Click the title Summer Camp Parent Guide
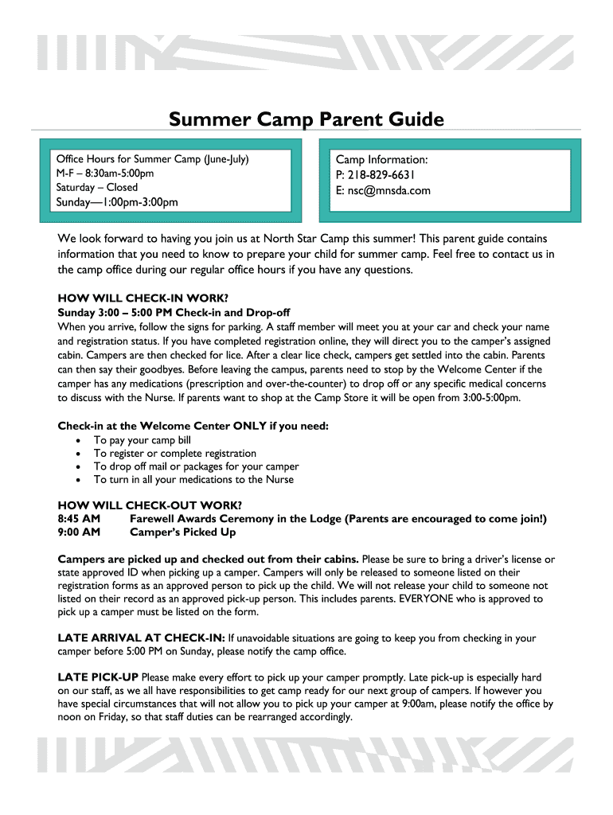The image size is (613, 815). click(306, 119)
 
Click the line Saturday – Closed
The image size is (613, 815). click(96, 188)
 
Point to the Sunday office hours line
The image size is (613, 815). click(116, 202)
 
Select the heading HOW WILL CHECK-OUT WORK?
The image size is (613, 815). click(150, 505)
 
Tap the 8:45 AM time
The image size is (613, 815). click(79, 518)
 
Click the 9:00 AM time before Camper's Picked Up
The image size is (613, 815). click(79, 532)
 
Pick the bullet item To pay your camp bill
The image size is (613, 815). click(143, 440)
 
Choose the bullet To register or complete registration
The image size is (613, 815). click(175, 454)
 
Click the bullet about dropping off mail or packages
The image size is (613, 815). click(196, 466)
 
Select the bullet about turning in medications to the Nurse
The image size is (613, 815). click(193, 480)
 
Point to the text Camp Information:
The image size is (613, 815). click(381, 160)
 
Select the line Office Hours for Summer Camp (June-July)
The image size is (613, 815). click(152, 159)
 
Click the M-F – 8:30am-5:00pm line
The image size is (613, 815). click(104, 174)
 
